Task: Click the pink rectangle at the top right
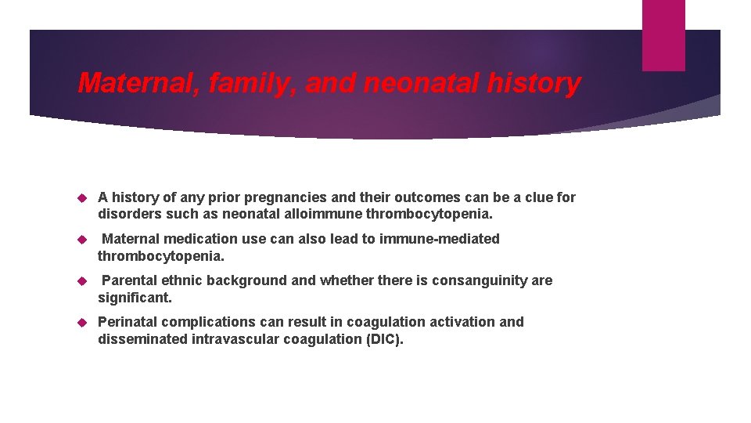[663, 35]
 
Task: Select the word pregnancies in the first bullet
[283, 197]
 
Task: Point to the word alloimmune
[318, 214]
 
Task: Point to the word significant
[135, 298]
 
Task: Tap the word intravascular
[231, 339]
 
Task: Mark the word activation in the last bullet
[464, 322]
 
